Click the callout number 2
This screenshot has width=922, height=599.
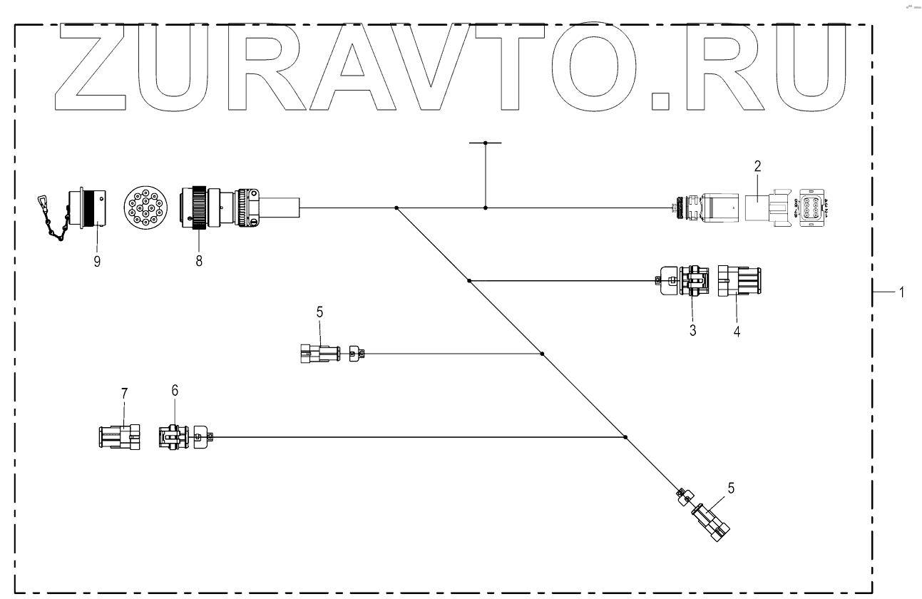(x=758, y=166)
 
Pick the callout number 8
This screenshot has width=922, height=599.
(x=199, y=262)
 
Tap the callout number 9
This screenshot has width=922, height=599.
(x=96, y=262)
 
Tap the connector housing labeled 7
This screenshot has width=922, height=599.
(x=119, y=436)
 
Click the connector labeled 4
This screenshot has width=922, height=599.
(x=740, y=280)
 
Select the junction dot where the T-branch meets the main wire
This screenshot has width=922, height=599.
(x=486, y=208)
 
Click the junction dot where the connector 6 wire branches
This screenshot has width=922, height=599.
(x=625, y=436)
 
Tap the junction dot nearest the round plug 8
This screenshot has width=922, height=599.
(x=396, y=208)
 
